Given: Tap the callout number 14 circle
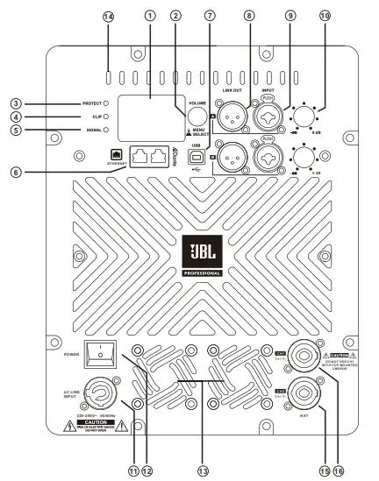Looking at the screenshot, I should pos(109,17).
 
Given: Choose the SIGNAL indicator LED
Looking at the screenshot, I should pos(106,131).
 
